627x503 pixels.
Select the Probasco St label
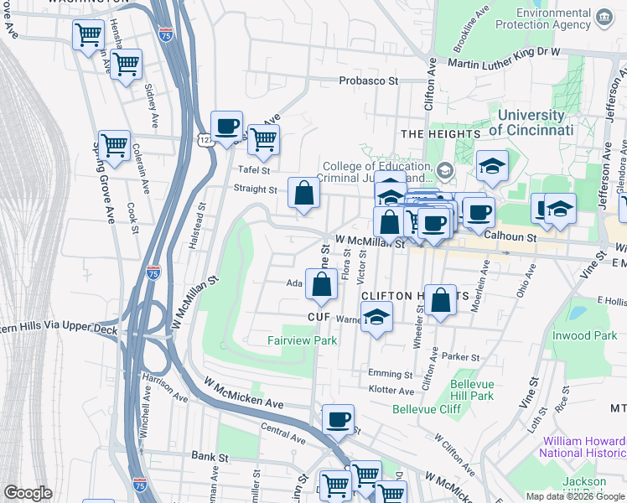(368, 81)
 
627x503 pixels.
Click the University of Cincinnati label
(531, 122)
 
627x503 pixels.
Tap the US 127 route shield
(205, 142)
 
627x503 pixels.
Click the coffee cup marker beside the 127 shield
(226, 127)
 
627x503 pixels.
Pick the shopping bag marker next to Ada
(321, 284)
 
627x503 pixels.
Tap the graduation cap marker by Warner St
(376, 318)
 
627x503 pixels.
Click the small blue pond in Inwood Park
(577, 314)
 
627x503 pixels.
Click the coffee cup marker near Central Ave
(338, 419)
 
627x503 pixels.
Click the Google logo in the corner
(28, 493)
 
